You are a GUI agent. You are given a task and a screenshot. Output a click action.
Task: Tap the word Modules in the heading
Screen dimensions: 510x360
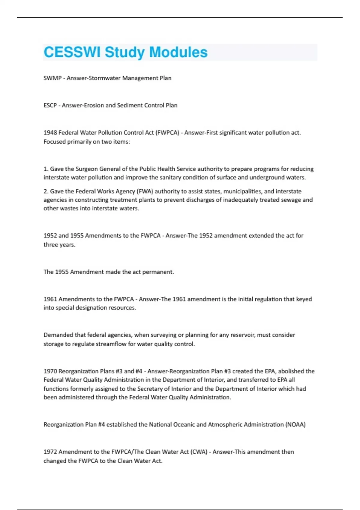[178, 52]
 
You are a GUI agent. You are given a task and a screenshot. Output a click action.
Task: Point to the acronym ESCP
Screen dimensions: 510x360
[50, 105]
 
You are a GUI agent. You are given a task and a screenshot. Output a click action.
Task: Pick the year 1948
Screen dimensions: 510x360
[50, 133]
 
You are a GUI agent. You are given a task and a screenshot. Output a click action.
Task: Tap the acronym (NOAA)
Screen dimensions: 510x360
[295, 424]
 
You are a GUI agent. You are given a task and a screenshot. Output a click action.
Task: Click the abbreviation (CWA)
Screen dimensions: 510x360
[199, 452]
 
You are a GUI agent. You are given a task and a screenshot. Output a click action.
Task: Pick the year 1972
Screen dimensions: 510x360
[50, 452]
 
